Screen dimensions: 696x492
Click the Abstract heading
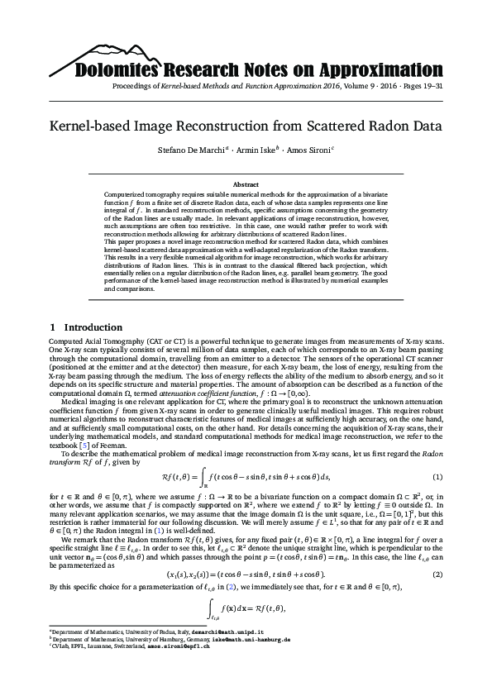pos(246,184)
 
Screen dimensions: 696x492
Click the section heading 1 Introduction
pos(86,327)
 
